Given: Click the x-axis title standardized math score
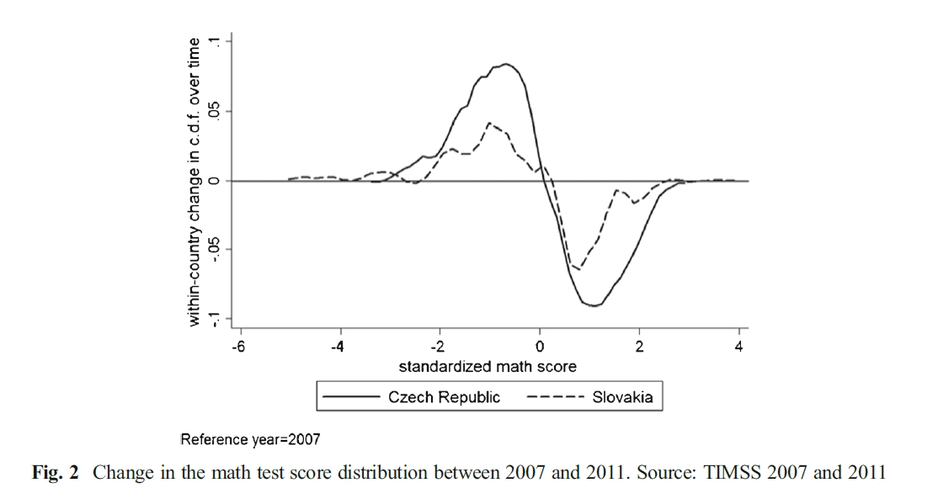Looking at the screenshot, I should click(488, 366).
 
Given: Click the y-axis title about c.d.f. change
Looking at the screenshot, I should click(195, 181).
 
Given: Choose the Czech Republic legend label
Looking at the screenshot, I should click(444, 397).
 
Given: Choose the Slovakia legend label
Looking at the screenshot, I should click(622, 397).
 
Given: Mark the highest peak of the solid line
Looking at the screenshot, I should click(505, 63).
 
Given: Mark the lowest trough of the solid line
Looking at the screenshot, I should click(594, 305).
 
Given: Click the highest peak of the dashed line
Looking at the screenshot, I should click(489, 123).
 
